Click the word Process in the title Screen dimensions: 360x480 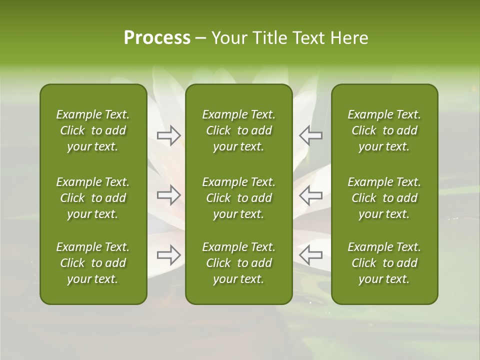coord(157,38)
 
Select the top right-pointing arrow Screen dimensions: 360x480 coord(169,135)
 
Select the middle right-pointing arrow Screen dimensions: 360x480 coord(169,195)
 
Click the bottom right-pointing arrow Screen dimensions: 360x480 coord(169,255)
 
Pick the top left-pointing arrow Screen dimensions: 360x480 coord(310,135)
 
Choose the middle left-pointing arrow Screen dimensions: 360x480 coord(310,195)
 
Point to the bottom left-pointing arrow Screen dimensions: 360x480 coord(310,255)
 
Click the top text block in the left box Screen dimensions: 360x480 coord(93,130)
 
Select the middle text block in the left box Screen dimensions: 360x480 coord(93,198)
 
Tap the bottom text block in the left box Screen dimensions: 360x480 coord(93,263)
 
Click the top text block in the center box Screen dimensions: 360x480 coord(238,130)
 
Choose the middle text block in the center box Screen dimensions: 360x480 coord(238,198)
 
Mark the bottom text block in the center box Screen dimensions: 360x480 coord(238,263)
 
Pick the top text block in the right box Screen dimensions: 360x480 coord(384,130)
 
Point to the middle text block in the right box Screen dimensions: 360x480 coord(384,198)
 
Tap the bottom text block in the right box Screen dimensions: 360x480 coord(384,263)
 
